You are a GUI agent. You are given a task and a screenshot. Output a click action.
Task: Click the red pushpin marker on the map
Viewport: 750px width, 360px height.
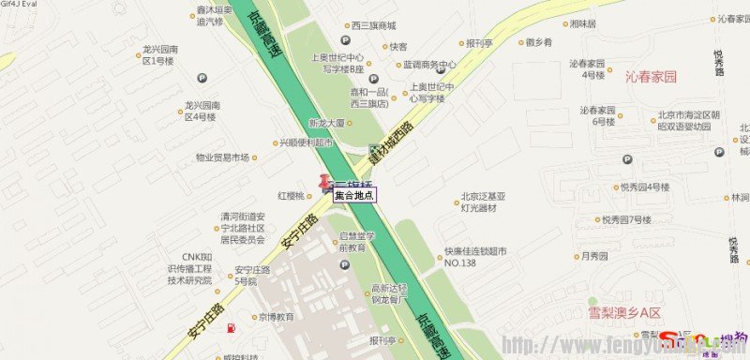325,183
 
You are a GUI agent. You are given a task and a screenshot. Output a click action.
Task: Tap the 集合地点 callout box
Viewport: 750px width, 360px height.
354,195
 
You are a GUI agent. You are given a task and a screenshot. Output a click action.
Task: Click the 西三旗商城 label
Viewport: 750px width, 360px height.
373,26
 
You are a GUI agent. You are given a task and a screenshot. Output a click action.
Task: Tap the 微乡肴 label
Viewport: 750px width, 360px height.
538,42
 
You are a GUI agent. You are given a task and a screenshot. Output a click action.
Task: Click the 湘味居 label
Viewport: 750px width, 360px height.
582,23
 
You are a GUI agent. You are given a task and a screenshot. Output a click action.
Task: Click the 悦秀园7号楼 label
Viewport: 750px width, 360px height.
626,219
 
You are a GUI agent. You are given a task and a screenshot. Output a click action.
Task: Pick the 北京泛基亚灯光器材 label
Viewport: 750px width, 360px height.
483,202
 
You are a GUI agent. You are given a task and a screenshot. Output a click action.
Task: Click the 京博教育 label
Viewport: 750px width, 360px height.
277,317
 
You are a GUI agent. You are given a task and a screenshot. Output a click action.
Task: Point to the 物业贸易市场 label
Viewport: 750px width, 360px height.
222,157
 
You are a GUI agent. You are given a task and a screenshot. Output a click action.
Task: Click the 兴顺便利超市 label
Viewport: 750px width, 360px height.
305,143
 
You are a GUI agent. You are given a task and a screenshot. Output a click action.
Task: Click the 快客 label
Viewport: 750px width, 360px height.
397,46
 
